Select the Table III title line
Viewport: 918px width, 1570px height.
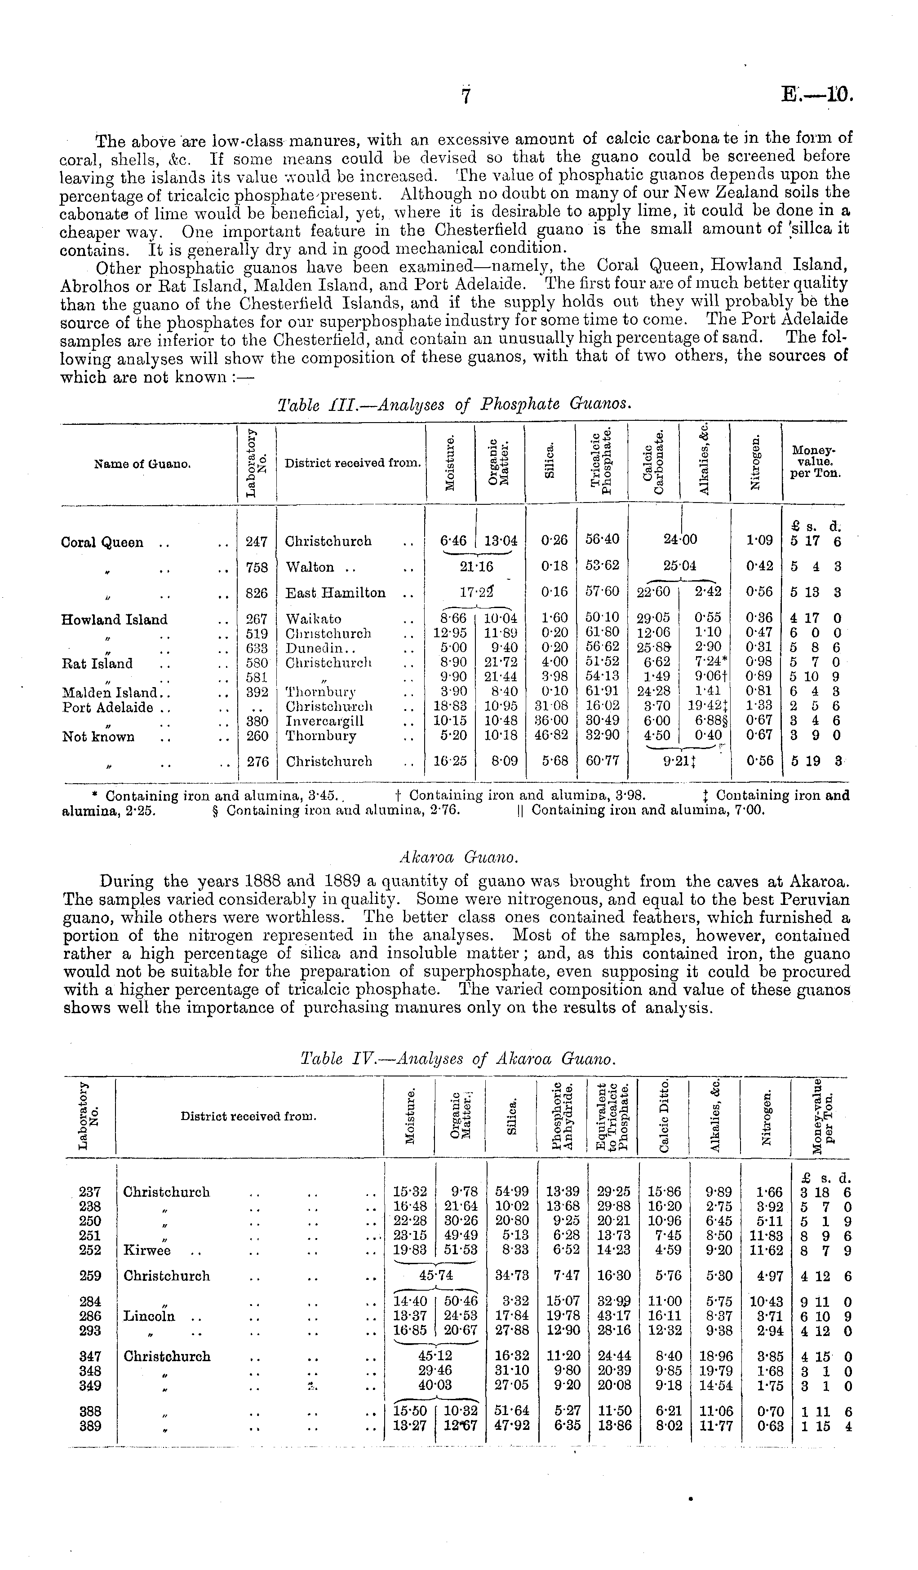(x=454, y=405)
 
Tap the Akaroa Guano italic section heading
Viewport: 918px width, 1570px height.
(x=458, y=857)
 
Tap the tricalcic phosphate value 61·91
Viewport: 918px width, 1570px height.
(x=601, y=692)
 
